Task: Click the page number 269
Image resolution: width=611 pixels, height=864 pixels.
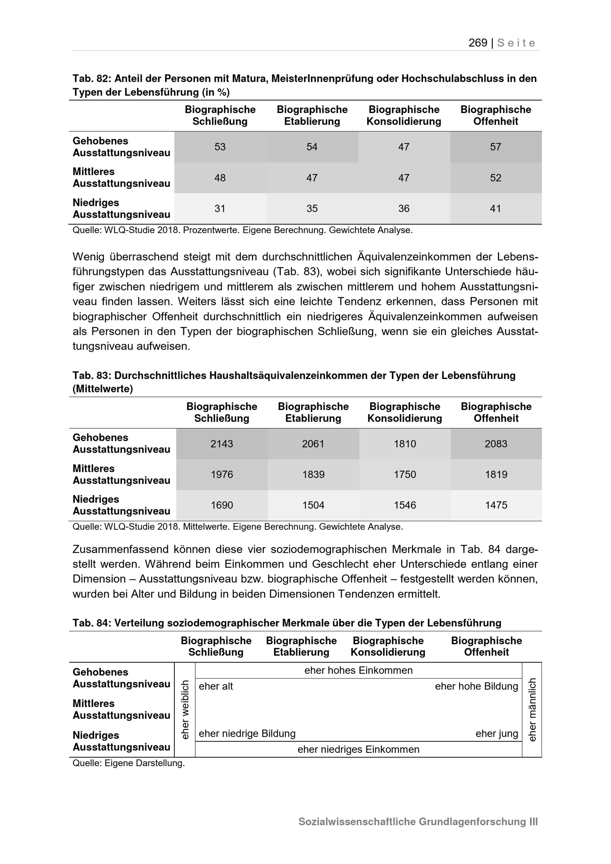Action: point(477,43)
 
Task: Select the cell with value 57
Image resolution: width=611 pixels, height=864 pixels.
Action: point(496,147)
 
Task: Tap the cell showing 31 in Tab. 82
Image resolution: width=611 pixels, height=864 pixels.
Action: point(220,208)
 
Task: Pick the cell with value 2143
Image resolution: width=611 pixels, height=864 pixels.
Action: point(221,444)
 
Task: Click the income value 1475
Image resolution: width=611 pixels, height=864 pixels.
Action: point(496,505)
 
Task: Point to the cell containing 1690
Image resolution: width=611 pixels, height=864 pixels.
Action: point(221,505)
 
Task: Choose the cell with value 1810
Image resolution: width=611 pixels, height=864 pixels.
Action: point(405,444)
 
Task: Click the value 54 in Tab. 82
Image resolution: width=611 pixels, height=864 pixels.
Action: point(312,147)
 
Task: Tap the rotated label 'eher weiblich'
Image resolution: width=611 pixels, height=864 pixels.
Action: point(185,710)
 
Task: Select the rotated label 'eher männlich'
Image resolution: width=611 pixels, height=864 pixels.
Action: point(532,710)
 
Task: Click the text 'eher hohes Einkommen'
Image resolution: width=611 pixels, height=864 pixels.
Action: point(358,670)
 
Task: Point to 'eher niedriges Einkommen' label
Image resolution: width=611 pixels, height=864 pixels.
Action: point(358,749)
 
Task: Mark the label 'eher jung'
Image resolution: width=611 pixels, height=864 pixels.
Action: point(497,734)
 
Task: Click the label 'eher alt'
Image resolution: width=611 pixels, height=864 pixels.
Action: point(216,686)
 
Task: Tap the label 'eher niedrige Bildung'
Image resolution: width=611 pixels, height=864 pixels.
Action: point(247,734)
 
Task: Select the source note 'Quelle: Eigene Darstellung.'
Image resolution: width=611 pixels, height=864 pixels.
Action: point(129,763)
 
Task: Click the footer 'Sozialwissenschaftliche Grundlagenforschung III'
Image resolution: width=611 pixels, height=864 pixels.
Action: point(418,822)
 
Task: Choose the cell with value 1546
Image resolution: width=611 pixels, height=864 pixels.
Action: point(405,505)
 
